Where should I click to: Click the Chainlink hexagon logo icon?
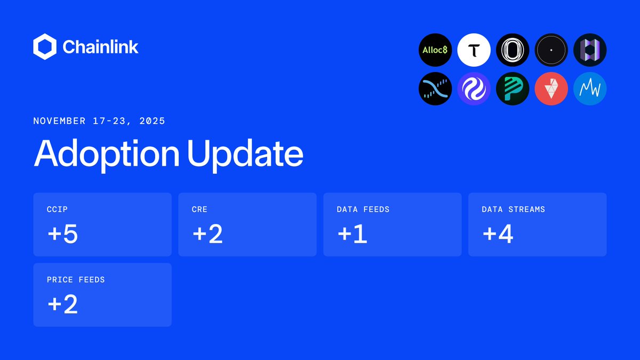(45, 47)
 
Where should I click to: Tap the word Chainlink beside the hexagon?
(100, 47)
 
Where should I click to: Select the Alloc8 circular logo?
(436, 50)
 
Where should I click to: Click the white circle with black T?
(474, 50)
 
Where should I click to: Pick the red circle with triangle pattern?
(551, 89)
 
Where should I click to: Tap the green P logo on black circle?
(513, 89)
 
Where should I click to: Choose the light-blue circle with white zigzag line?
(590, 89)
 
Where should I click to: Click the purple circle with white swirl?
(474, 89)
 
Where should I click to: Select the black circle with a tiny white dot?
(551, 50)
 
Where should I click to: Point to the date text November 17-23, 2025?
(99, 121)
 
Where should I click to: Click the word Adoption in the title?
(107, 154)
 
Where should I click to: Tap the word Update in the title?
(246, 154)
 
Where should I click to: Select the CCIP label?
(58, 210)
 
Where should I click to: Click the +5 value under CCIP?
(62, 234)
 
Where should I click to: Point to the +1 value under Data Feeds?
(352, 234)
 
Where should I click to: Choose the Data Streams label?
(513, 210)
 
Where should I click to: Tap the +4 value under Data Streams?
(498, 234)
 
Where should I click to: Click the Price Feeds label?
(76, 279)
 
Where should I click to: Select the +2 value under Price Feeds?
(62, 305)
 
